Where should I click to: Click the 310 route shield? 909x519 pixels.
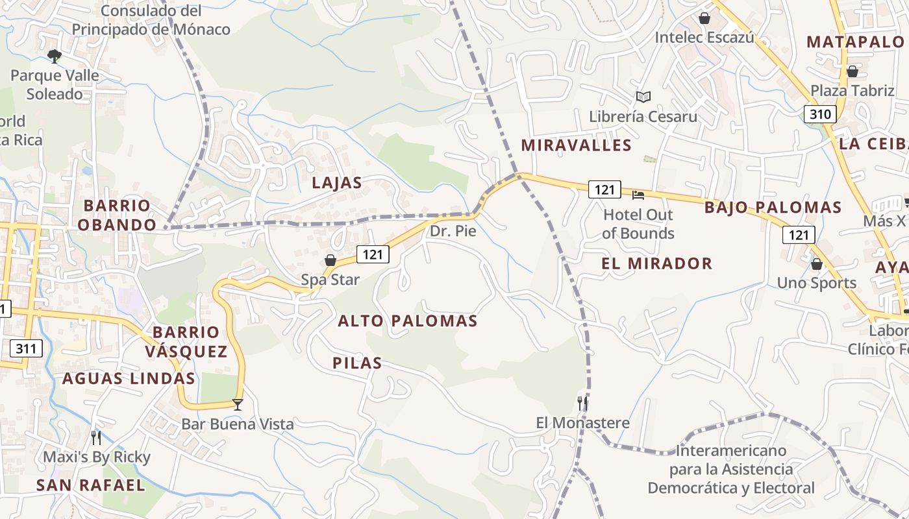[x=820, y=115]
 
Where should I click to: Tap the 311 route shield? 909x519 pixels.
[x=26, y=348]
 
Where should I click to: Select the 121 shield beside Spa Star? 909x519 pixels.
[x=373, y=254]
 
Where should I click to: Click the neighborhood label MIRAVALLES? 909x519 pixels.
[x=576, y=145]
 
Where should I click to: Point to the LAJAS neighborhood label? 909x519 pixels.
[x=336, y=183]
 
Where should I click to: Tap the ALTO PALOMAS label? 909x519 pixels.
[x=408, y=321]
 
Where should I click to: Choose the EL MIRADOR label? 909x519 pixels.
[x=656, y=263]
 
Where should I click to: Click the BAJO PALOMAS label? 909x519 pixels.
[x=773, y=208]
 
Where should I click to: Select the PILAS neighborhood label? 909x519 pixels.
[x=357, y=363]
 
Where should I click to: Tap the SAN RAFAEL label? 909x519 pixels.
[x=90, y=485]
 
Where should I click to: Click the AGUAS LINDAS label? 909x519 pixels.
[x=129, y=379]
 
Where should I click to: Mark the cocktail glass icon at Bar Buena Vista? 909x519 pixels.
[x=238, y=405]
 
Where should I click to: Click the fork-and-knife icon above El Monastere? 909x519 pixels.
[x=582, y=404]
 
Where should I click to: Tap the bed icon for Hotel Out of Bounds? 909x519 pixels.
[x=638, y=194]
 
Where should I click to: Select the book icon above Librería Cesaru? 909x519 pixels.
[x=643, y=97]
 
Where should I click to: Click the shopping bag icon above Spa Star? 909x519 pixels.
[x=330, y=260]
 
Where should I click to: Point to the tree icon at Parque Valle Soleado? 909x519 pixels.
[x=55, y=56]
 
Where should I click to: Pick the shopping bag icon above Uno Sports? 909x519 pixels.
[x=816, y=264]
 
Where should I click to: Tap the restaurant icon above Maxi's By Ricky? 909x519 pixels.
[x=96, y=438]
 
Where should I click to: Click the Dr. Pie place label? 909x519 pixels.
[x=453, y=231]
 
